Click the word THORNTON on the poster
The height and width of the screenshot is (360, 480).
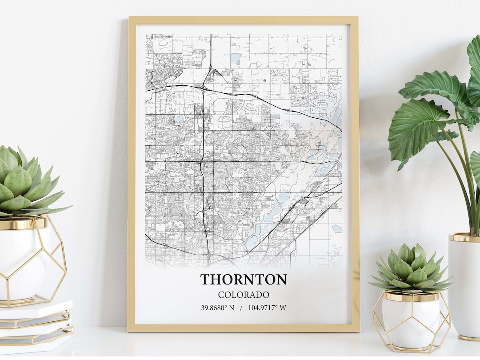click(x=244, y=280)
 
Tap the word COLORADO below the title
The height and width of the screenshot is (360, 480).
click(x=244, y=295)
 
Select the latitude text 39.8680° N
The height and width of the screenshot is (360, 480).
click(x=217, y=307)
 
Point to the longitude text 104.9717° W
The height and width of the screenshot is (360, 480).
click(x=267, y=307)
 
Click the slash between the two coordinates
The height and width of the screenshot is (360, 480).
click(x=241, y=307)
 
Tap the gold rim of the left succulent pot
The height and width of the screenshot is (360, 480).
click(x=22, y=224)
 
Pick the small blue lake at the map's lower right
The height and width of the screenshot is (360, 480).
click(x=337, y=228)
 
